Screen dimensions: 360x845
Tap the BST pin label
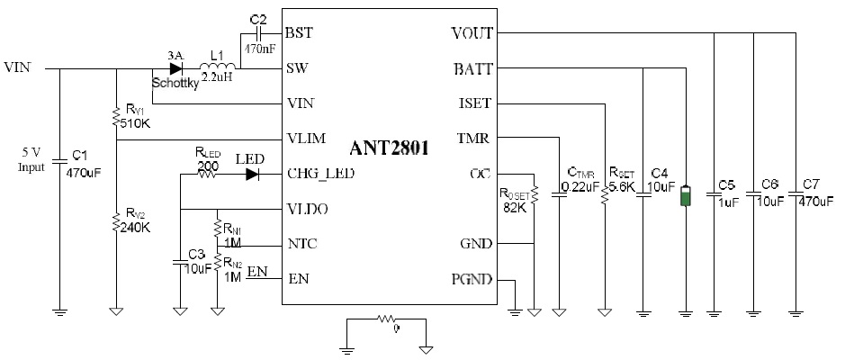299,32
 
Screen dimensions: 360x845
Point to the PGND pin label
471,280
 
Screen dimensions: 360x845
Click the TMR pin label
475,138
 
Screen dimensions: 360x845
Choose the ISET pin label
474,103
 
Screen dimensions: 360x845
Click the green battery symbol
686,197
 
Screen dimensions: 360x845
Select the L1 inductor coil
215,67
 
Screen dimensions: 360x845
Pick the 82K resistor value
516,208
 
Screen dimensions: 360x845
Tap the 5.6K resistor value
622,186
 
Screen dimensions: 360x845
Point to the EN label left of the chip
257,271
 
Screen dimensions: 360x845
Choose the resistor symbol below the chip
388,319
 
